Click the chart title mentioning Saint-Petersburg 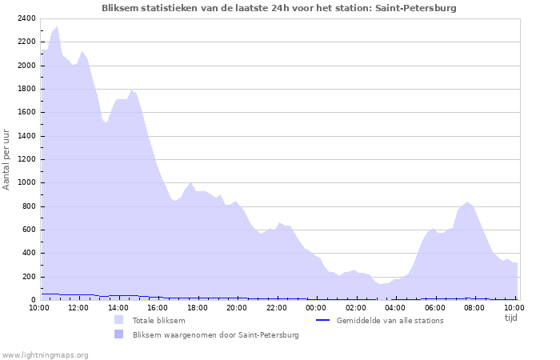pyautogui.click(x=279, y=8)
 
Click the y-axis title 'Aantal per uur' pyautogui.click(x=7, y=159)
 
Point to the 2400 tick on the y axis pyautogui.click(x=26, y=18)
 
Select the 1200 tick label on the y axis pyautogui.click(x=26, y=159)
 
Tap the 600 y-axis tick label pyautogui.click(x=29, y=230)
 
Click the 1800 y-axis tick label pyautogui.click(x=26, y=89)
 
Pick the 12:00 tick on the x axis pyautogui.click(x=78, y=307)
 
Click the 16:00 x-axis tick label pyautogui.click(x=158, y=307)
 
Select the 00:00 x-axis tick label pyautogui.click(x=316, y=307)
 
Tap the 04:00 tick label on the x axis pyautogui.click(x=395, y=307)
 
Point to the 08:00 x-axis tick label pyautogui.click(x=474, y=307)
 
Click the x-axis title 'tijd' pyautogui.click(x=511, y=318)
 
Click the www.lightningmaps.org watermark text pyautogui.click(x=45, y=355)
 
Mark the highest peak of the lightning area pyautogui.click(x=57, y=26)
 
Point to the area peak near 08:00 pyautogui.click(x=468, y=202)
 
